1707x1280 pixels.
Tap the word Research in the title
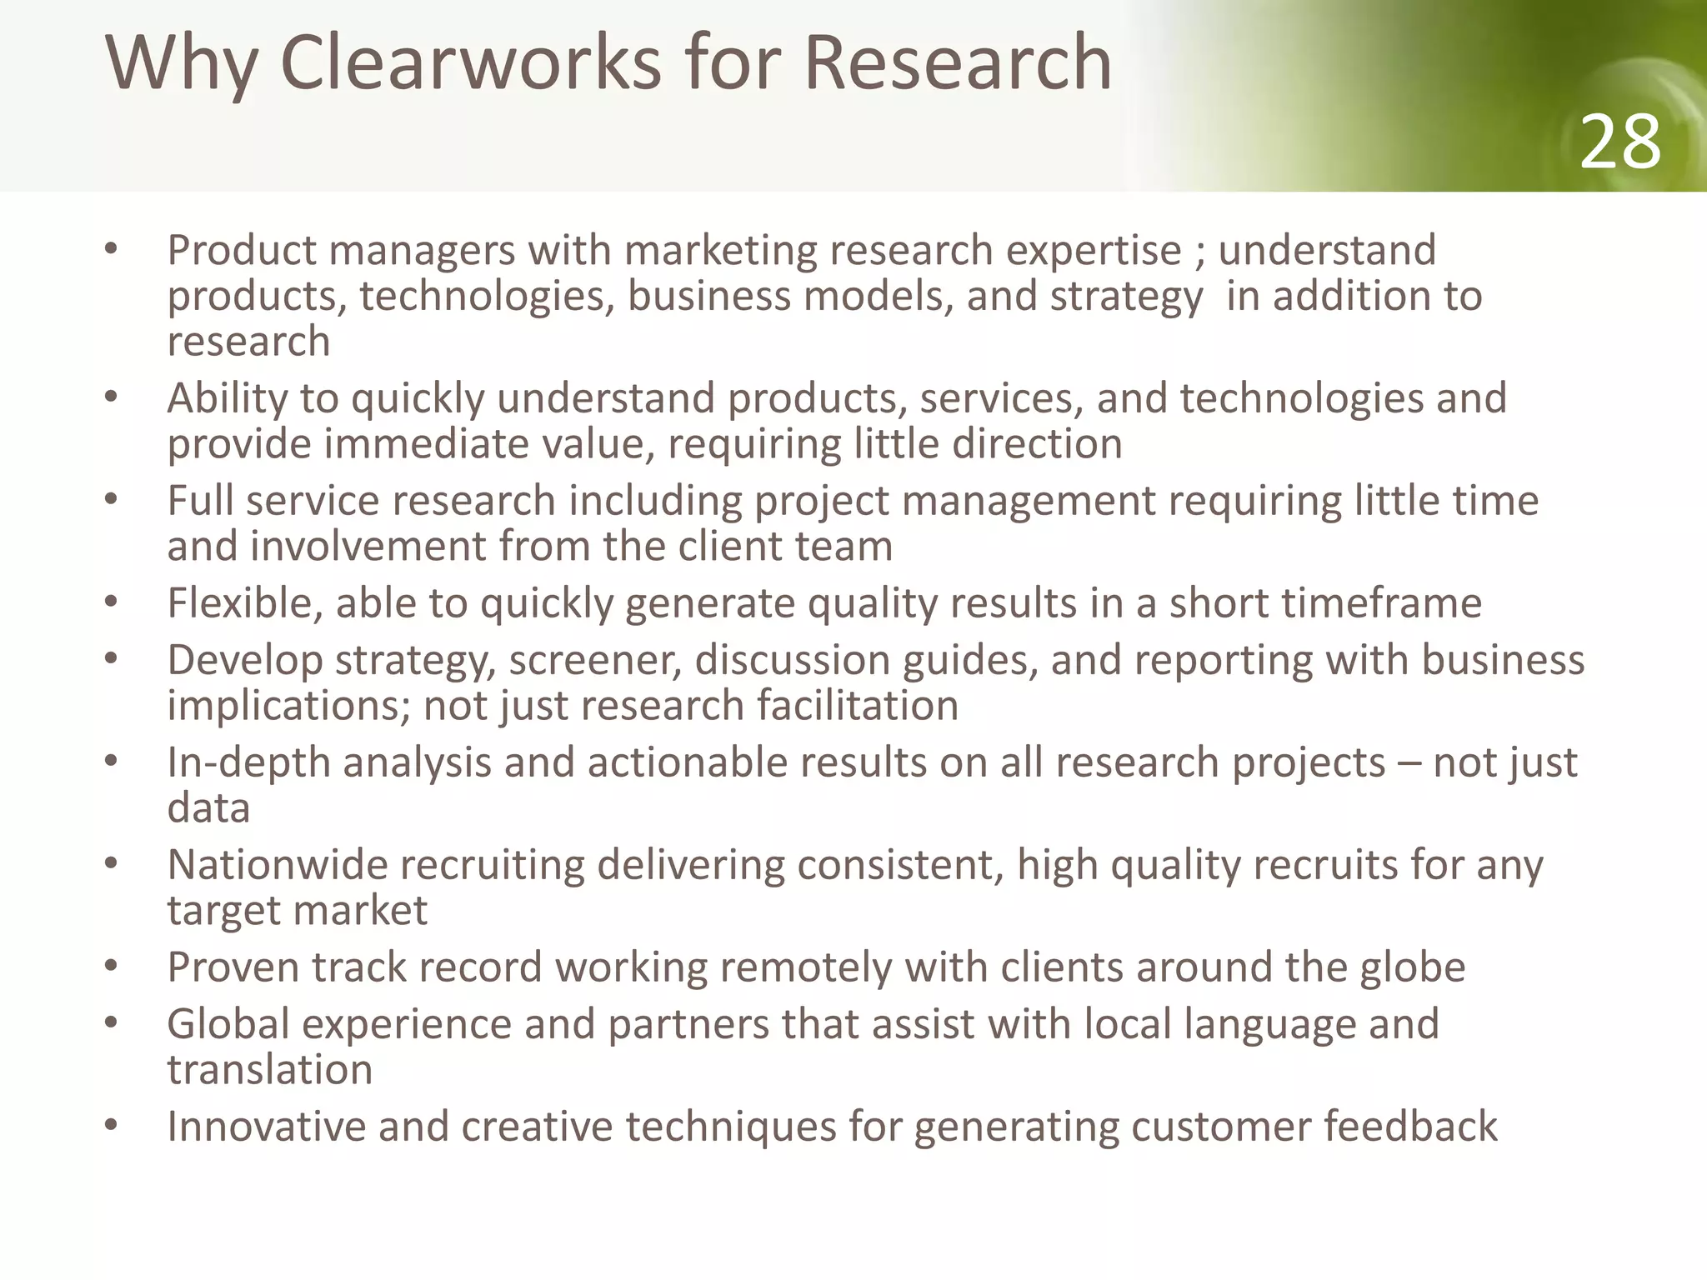pos(958,63)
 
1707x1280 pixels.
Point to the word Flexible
pos(238,602)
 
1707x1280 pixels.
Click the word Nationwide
pos(278,864)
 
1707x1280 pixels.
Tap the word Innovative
pos(265,1127)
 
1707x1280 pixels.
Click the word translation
pos(269,1069)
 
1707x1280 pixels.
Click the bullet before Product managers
pos(111,249)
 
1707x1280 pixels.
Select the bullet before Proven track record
pos(111,967)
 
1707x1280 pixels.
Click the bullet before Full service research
pos(111,500)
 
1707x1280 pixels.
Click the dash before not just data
pos(1409,763)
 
